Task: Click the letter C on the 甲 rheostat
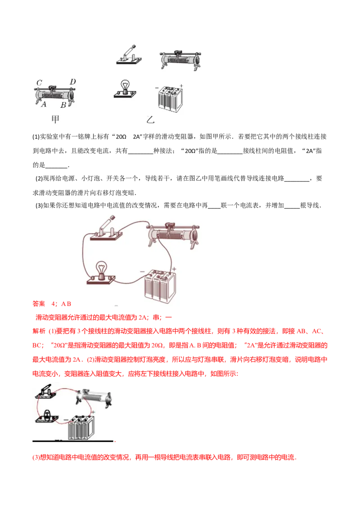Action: pyautogui.click(x=39, y=82)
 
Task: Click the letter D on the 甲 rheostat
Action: pyautogui.click(x=72, y=81)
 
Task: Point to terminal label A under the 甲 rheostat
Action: pyautogui.click(x=44, y=104)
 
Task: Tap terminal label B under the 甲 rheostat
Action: pyautogui.click(x=63, y=105)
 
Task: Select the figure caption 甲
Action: pyautogui.click(x=55, y=119)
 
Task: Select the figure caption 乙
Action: pyautogui.click(x=150, y=120)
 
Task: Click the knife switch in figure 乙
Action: pyautogui.click(x=129, y=54)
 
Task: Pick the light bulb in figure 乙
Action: pyautogui.click(x=125, y=89)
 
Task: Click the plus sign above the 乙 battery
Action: pyautogui.click(x=181, y=86)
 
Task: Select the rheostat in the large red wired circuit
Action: pyautogui.click(x=173, y=234)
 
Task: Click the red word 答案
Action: pyautogui.click(x=39, y=304)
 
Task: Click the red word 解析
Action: pyautogui.click(x=39, y=331)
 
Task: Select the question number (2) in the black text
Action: pyautogui.click(x=39, y=178)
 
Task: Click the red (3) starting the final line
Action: pyautogui.click(x=36, y=457)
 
